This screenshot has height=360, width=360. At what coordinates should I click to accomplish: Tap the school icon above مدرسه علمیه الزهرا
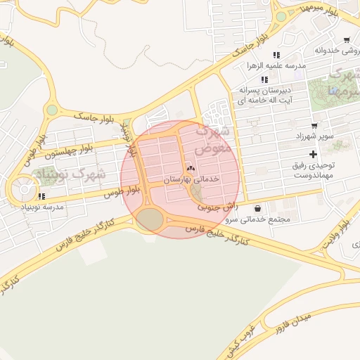click(276, 54)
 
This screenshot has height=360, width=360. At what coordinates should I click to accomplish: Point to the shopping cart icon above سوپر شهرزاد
click(314, 124)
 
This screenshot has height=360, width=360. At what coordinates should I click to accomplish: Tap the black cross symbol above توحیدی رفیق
click(313, 154)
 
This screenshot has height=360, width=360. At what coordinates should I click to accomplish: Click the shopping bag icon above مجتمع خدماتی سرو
click(258, 208)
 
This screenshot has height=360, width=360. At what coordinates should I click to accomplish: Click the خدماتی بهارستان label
click(191, 180)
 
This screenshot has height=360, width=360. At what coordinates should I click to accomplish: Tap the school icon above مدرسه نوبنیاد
click(41, 196)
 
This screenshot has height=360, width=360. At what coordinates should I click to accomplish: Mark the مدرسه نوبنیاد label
click(44, 207)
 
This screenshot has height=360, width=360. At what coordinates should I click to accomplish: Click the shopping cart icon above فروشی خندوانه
click(347, 39)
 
